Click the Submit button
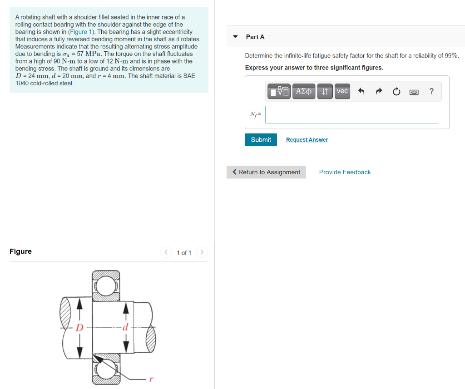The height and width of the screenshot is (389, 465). coord(261,140)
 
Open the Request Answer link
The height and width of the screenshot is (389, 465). coord(307,140)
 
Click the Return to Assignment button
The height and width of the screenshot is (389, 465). coord(266,172)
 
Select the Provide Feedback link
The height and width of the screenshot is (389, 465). coord(345,172)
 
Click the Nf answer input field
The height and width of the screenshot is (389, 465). coord(351,115)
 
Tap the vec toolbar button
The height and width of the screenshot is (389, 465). coord(342,92)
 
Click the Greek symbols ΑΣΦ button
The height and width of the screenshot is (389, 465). coord(304,92)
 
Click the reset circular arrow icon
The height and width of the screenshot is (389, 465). coord(396,92)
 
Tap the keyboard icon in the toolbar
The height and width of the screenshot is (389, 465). coord(414,92)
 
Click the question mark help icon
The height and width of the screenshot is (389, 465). coord(431,92)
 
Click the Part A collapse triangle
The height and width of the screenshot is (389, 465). coord(235,37)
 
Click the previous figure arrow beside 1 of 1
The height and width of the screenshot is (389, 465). coord(166,252)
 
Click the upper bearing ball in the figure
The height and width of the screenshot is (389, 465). coord(106,285)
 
